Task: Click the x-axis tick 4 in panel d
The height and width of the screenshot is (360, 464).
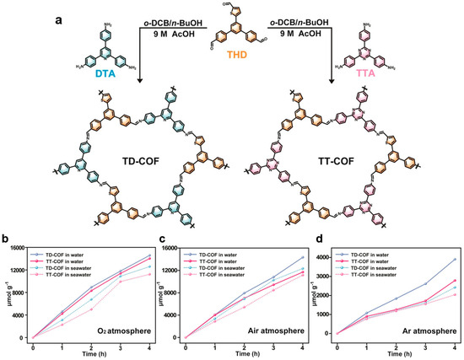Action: [454, 345]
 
